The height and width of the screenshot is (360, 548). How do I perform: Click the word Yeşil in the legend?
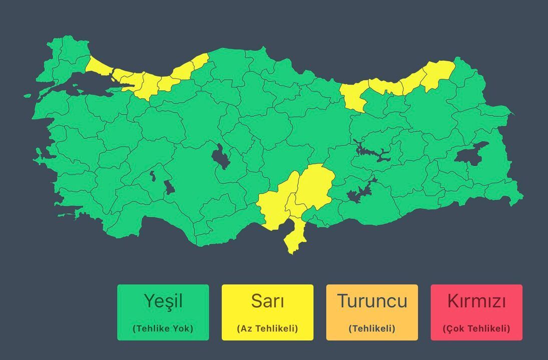163,301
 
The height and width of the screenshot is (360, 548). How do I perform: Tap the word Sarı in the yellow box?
267,301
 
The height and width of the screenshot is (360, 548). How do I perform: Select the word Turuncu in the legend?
372,301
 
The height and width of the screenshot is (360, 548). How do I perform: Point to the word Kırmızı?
476,301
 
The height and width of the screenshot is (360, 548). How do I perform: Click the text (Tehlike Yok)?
163,328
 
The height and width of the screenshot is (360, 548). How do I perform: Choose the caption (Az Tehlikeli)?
267,328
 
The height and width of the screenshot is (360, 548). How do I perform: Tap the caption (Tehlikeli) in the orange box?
372,328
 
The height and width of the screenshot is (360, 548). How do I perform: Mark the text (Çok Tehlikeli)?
476,328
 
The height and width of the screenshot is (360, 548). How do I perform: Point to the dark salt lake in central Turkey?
221,157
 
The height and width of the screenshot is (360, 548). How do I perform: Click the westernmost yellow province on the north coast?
100,67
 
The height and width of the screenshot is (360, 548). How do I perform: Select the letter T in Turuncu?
343,301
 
